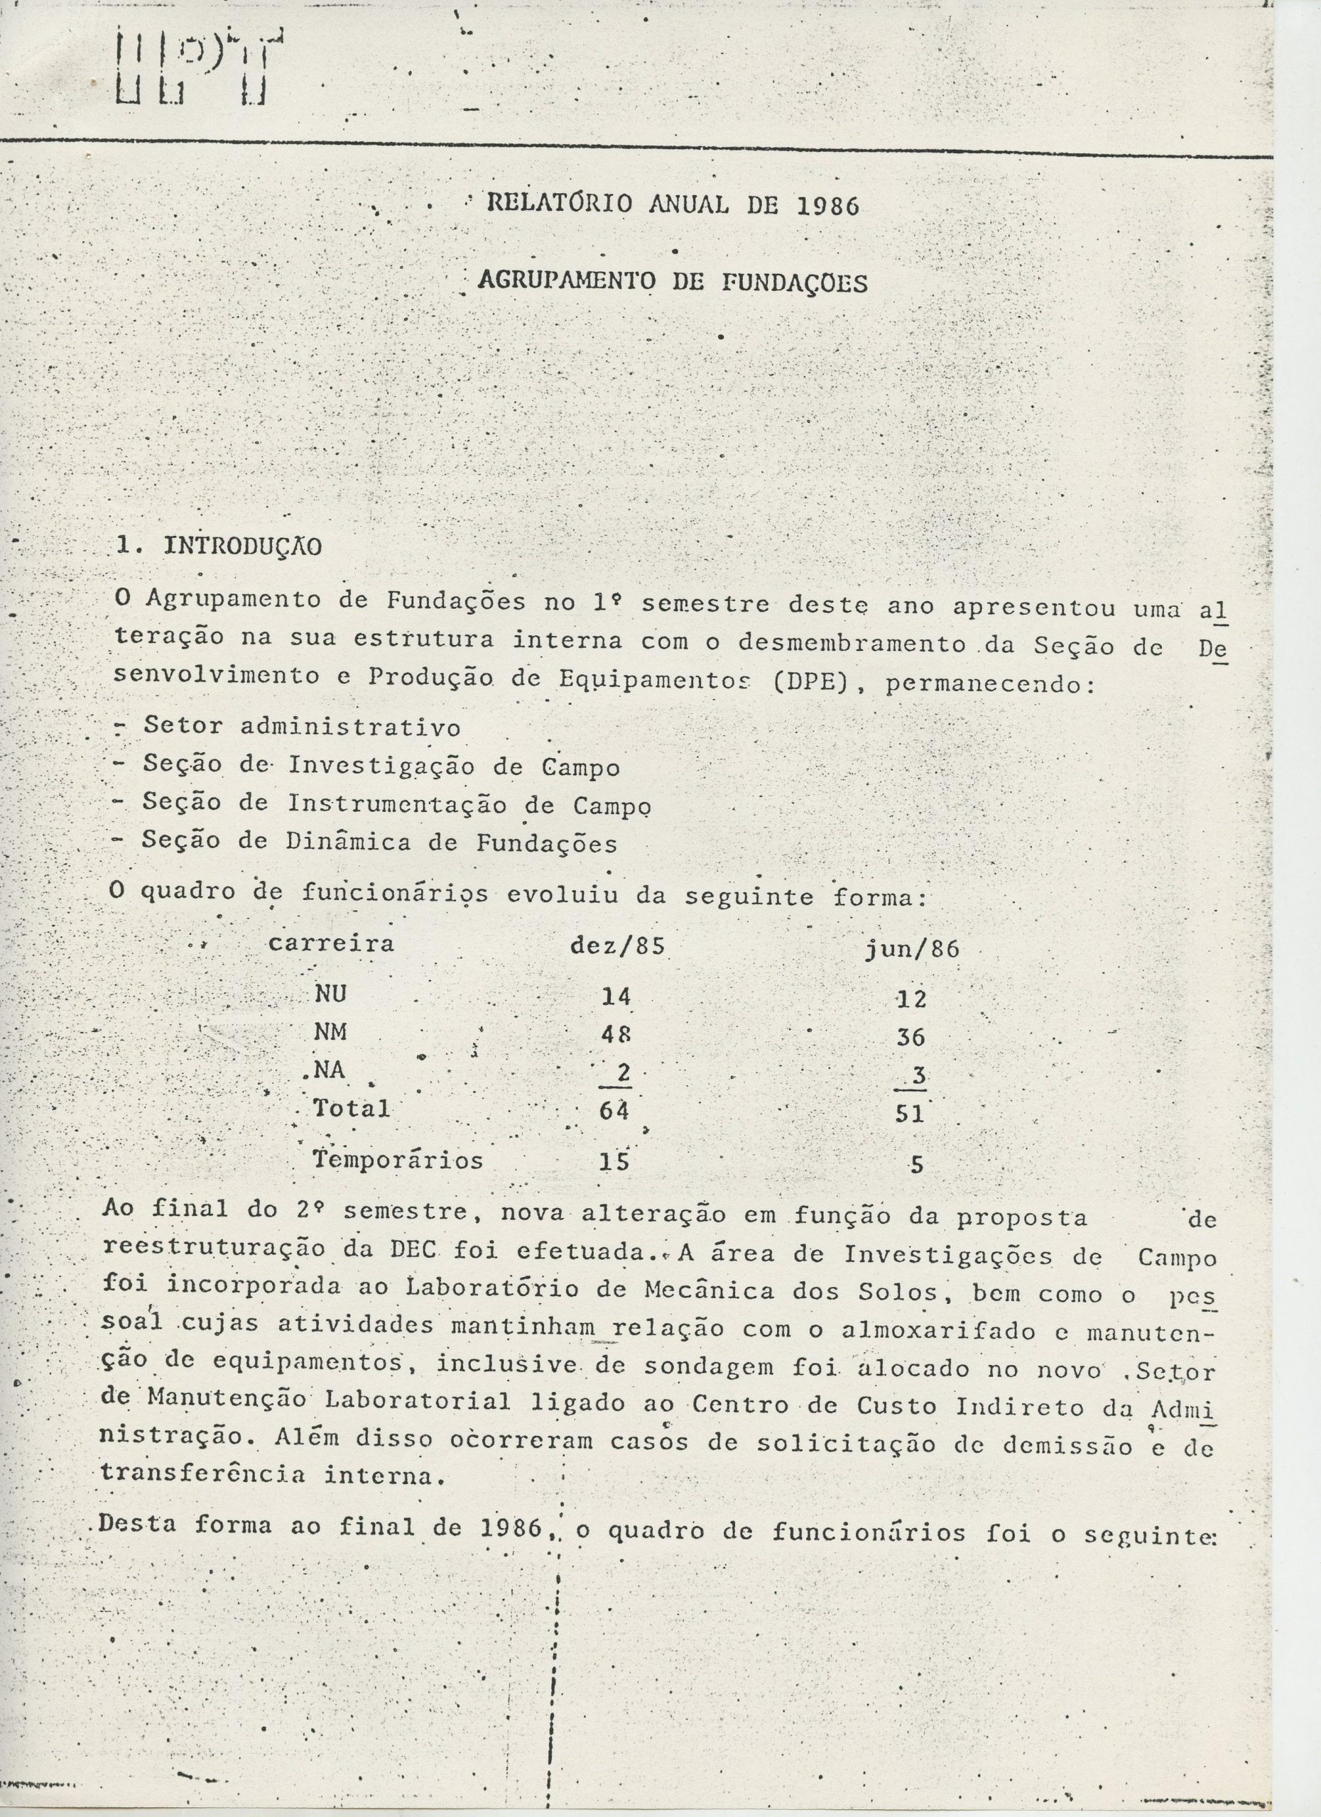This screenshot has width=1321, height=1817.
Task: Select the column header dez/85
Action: [x=616, y=946]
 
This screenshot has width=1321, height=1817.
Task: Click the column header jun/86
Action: [x=911, y=950]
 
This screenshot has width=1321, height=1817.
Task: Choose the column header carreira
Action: [x=331, y=943]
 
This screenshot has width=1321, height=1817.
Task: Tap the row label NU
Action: [x=330, y=994]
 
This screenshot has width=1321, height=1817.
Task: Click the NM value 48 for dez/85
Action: [x=616, y=1034]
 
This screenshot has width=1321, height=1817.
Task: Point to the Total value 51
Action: [x=910, y=1114]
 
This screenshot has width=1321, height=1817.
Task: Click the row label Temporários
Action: [x=398, y=1160]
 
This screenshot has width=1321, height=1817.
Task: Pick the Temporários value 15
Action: [x=614, y=1162]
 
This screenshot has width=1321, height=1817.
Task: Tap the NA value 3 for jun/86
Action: [x=918, y=1077]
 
